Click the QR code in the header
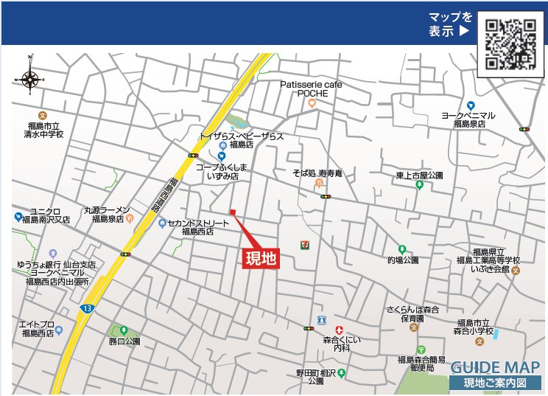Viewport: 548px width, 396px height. (x=510, y=44)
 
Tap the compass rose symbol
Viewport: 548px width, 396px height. (x=31, y=78)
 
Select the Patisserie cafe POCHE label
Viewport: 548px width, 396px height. (x=311, y=89)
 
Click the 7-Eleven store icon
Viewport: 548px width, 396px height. (x=304, y=244)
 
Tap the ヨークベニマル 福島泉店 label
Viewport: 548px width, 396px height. (x=468, y=120)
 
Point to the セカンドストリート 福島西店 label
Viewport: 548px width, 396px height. (x=197, y=226)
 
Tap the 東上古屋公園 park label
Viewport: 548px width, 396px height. (x=419, y=176)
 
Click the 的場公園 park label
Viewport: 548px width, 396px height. (x=402, y=260)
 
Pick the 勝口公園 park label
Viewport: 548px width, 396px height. (x=124, y=341)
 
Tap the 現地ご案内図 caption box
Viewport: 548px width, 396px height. (x=495, y=383)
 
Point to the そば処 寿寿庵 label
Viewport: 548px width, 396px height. (x=317, y=173)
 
